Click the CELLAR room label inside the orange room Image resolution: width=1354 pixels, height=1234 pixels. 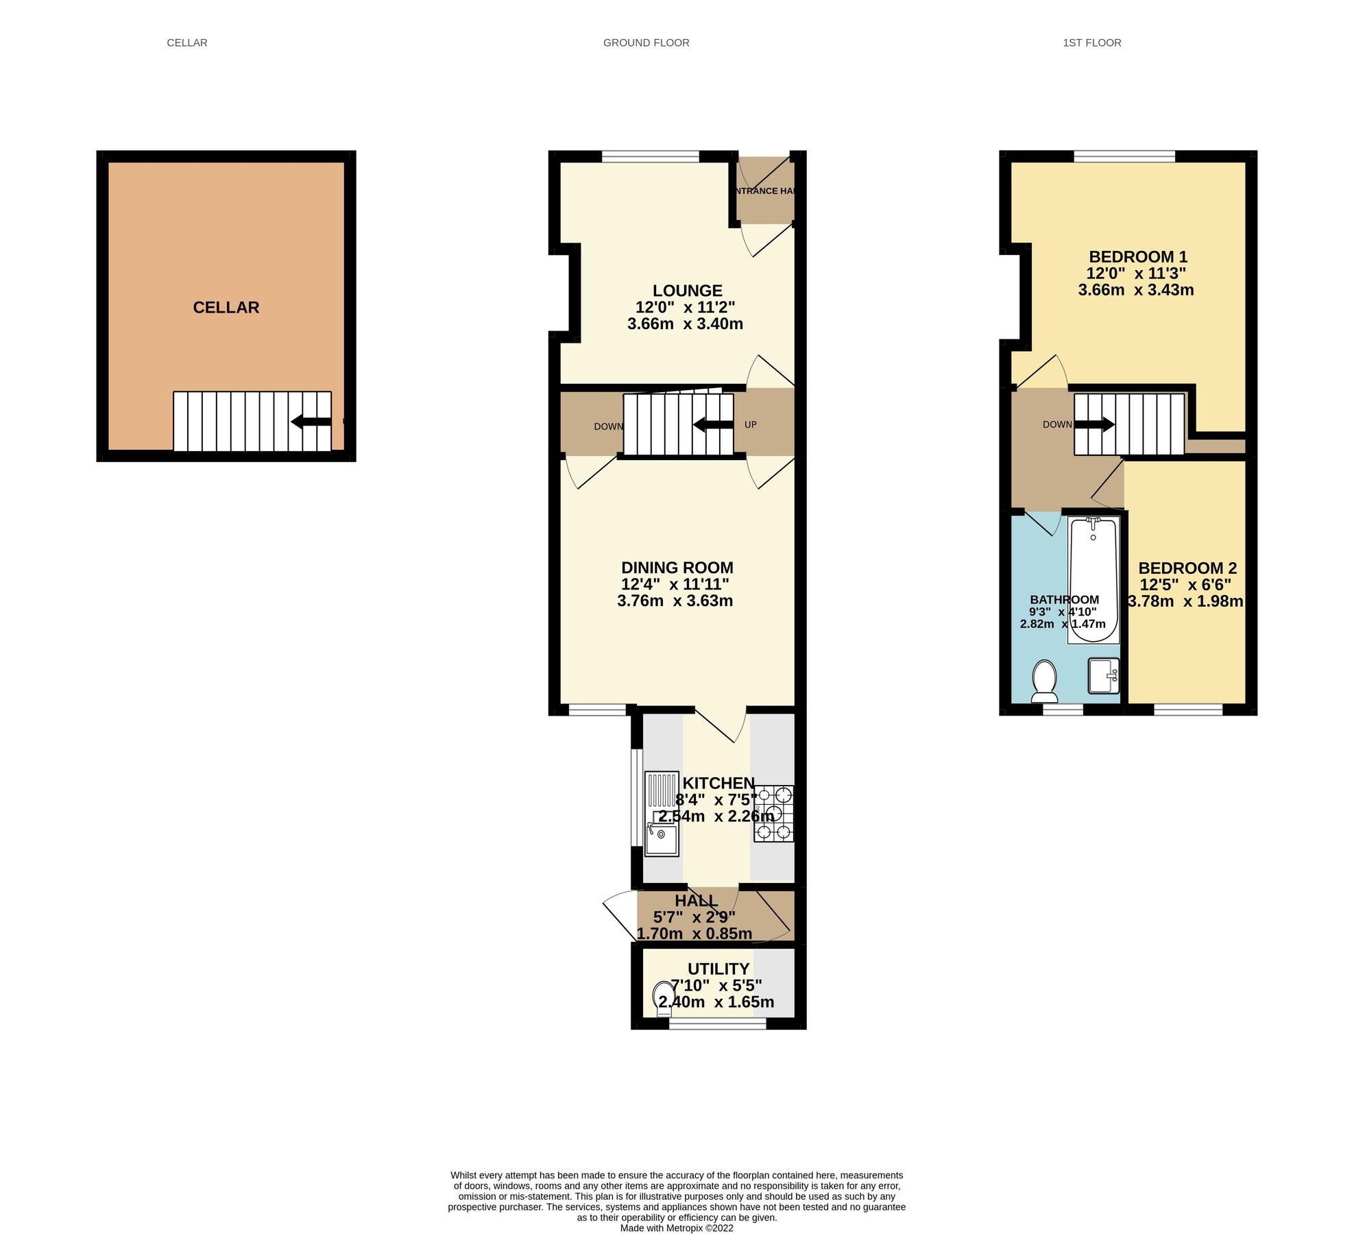[x=226, y=307]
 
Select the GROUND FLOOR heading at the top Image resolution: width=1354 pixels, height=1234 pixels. [x=646, y=43]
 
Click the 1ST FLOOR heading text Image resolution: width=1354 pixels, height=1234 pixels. [x=1091, y=43]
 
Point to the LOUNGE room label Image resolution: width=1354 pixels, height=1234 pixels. [x=687, y=291]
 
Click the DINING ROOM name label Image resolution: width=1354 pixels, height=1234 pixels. [x=677, y=568]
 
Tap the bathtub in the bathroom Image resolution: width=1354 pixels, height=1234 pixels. [x=1093, y=580]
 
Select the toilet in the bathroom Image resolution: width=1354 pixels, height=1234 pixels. [x=1044, y=681]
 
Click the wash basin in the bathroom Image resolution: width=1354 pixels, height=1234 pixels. [x=1103, y=676]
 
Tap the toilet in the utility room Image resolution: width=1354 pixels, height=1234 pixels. [x=663, y=997]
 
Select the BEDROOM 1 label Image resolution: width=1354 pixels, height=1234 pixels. [x=1137, y=257]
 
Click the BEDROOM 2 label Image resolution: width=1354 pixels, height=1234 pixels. [x=1187, y=568]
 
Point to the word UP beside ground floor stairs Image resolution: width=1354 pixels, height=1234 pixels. [x=750, y=425]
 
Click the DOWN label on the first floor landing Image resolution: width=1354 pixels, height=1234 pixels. [x=1056, y=425]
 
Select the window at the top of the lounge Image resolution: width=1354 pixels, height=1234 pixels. [x=650, y=156]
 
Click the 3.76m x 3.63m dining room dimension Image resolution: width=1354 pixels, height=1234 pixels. [x=675, y=601]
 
